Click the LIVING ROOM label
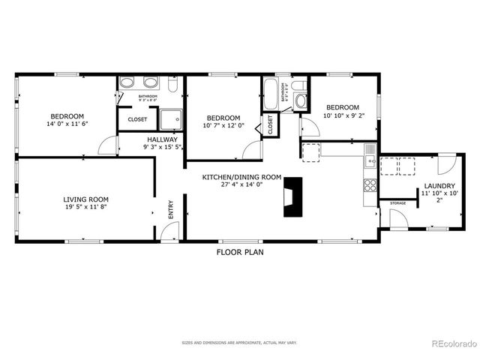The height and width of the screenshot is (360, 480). tap(85, 199)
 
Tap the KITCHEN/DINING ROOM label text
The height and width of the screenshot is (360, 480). tap(241, 178)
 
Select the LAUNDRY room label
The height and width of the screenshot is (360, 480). tap(439, 186)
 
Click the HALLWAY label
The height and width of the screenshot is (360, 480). tap(162, 139)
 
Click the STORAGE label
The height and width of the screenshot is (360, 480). tap(397, 203)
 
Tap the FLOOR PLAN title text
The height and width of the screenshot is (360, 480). tap(240, 253)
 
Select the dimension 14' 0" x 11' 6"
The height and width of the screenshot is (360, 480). tap(66, 124)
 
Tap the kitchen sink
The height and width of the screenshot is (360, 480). tap(370, 159)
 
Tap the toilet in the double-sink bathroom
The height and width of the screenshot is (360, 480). tap(173, 86)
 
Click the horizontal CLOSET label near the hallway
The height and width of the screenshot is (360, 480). tap(137, 119)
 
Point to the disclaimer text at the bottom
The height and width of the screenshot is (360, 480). tap(239, 343)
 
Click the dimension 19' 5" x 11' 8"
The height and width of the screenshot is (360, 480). tap(85, 208)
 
